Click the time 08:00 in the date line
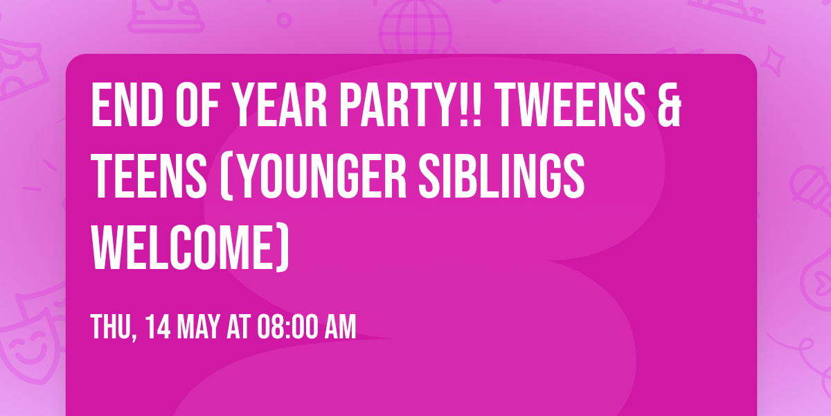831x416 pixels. coord(287,327)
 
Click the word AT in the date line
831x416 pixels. coord(238,327)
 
